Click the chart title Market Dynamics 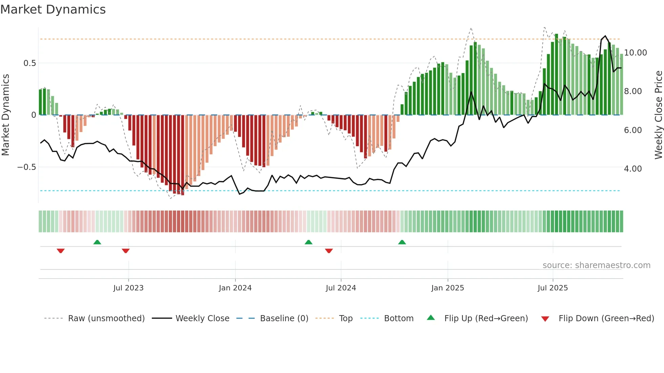[53, 9]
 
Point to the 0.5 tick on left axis [29, 63]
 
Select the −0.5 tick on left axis [26, 167]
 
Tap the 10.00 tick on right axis [635, 53]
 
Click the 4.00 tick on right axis [632, 169]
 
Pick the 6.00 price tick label [632, 130]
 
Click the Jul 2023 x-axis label [128, 288]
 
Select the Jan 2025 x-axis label [448, 288]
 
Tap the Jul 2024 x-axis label [341, 288]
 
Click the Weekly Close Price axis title [658, 115]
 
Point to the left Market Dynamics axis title [5, 115]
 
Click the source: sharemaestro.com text [596, 265]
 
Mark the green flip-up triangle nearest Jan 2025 [402, 242]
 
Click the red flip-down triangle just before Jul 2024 [329, 251]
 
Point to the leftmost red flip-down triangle [61, 251]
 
